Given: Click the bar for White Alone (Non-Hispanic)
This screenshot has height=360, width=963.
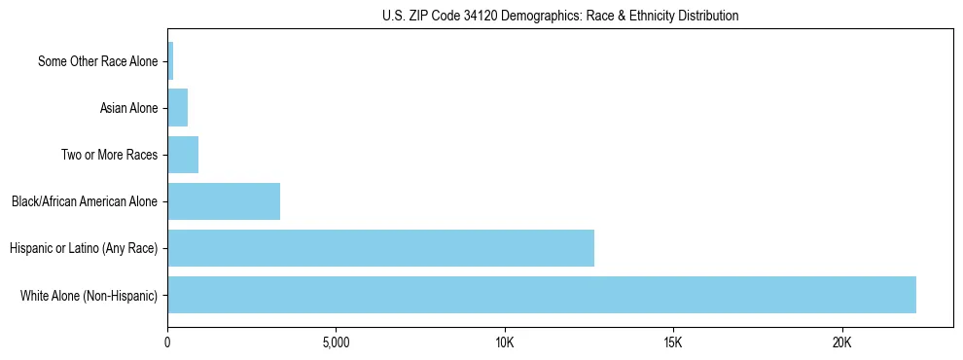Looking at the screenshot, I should (541, 295).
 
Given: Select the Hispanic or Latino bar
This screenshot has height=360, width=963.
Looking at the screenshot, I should (380, 248).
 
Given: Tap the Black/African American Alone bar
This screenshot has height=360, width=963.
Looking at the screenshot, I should (224, 201).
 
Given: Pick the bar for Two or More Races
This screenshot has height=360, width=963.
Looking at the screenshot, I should (183, 155).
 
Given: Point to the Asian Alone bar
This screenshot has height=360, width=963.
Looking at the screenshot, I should (177, 108).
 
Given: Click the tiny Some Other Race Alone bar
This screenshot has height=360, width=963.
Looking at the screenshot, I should (170, 61).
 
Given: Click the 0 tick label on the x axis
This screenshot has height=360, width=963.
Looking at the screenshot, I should (167, 342).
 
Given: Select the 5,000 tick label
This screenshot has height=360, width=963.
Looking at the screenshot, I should (336, 342).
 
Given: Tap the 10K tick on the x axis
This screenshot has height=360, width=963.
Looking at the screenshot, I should (504, 342).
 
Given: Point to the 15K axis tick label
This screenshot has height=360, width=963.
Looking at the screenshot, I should (673, 342).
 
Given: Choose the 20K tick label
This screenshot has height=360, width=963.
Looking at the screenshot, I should (841, 342).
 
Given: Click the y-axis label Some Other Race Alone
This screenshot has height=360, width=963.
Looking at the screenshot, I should (97, 61).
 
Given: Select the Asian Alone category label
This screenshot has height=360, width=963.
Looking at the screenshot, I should (128, 108).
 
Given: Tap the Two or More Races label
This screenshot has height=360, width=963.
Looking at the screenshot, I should (109, 155).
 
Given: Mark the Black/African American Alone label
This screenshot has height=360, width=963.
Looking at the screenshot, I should (85, 201).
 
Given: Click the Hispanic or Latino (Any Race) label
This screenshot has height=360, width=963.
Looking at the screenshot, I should (84, 248).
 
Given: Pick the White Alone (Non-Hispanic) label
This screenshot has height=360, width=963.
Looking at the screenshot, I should (89, 295).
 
